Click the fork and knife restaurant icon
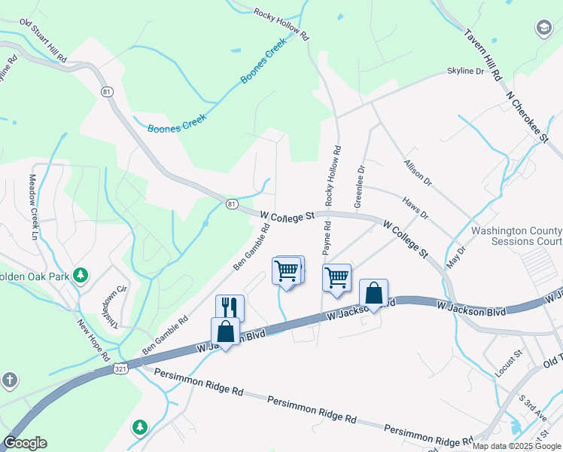click(230, 307)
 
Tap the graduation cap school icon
click(543, 29)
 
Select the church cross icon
click(9, 380)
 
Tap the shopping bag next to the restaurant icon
click(225, 331)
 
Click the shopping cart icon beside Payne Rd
click(336, 276)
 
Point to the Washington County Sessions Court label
click(516, 236)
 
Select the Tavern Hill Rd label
click(482, 55)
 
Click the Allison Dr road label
click(418, 173)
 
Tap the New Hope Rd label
click(94, 340)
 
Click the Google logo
click(25, 443)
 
